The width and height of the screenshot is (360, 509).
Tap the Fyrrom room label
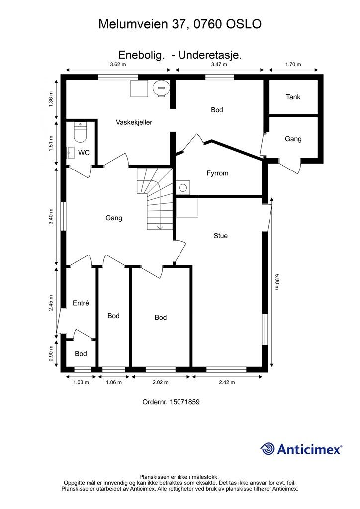point(217,173)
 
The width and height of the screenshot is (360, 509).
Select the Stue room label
point(221,236)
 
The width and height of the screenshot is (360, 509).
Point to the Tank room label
point(293,97)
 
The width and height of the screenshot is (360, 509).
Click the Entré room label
point(81,303)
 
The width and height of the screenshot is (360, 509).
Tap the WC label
point(84,153)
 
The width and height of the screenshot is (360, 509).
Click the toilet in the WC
point(80,132)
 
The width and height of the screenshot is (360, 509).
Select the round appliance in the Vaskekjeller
point(161,87)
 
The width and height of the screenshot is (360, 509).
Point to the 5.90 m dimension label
point(277,282)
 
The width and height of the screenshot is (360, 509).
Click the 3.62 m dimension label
point(118,64)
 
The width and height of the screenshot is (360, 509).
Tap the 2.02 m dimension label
point(161,382)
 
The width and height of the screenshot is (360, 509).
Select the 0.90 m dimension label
point(51,354)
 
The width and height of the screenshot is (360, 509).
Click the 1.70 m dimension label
point(293,64)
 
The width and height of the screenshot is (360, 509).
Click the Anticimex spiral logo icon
point(267,449)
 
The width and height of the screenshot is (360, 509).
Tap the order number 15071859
point(184,402)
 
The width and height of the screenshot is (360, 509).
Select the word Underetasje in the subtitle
point(209,55)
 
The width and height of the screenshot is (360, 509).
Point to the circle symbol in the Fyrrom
point(183,187)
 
